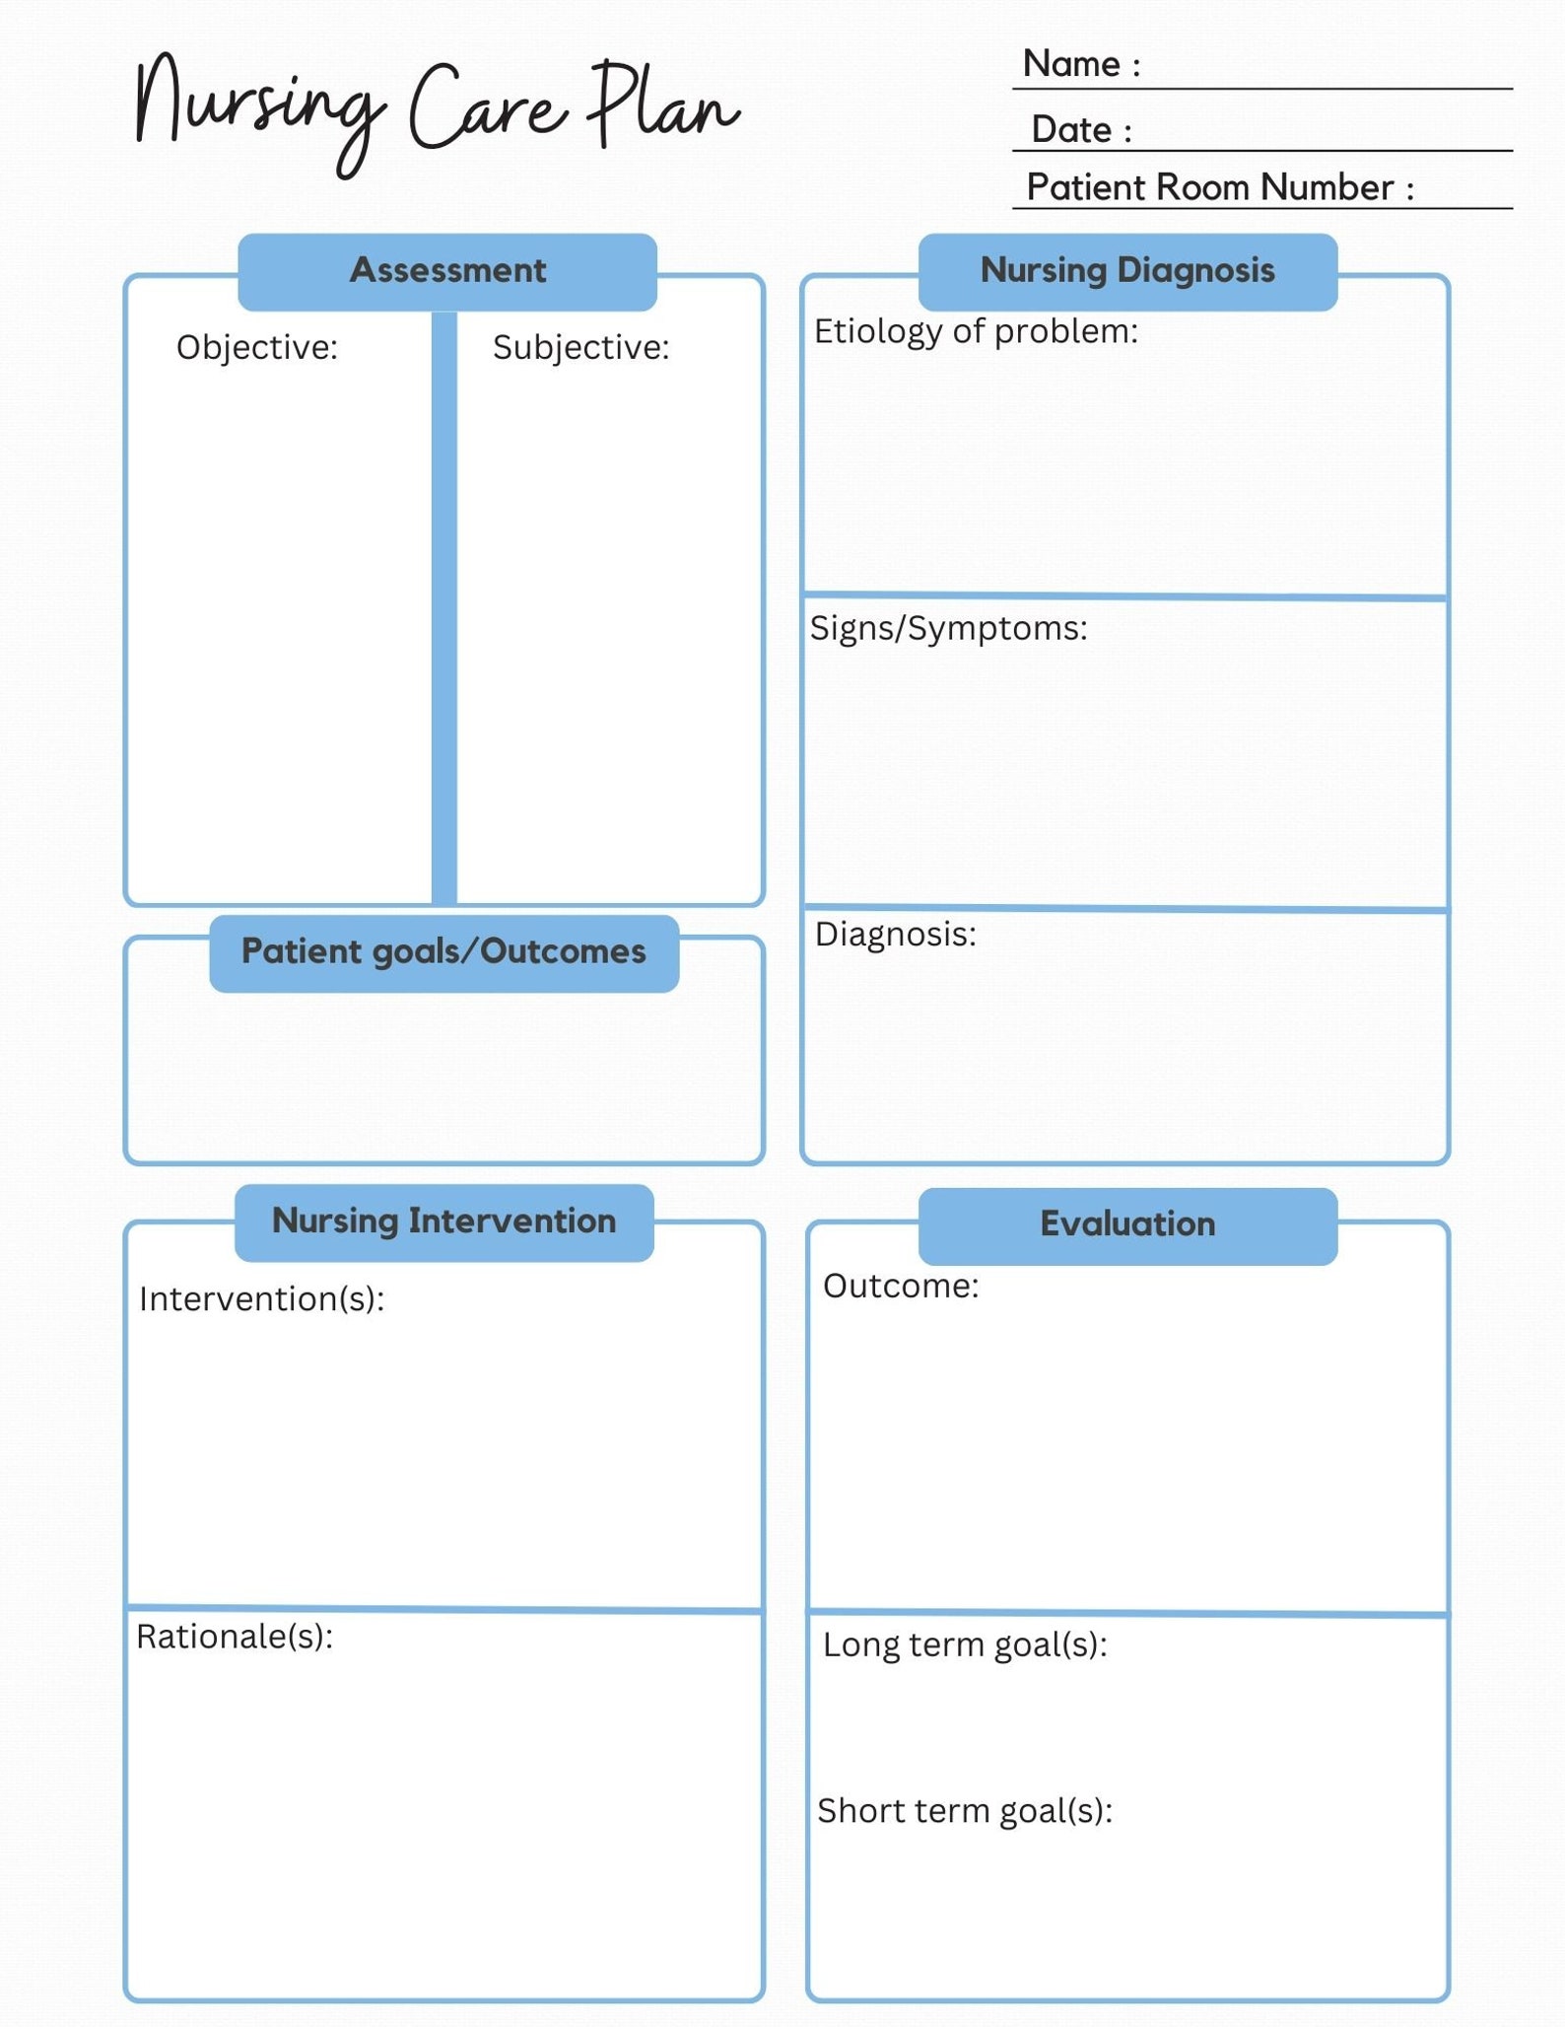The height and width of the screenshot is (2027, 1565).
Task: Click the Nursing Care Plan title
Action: point(437,110)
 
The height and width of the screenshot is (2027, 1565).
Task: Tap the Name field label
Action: point(1081,64)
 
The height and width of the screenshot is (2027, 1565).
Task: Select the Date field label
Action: point(1081,129)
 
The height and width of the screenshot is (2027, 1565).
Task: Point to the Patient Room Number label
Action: point(1219,187)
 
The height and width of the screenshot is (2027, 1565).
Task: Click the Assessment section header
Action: point(447,271)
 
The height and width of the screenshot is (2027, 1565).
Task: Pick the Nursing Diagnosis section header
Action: point(1127,271)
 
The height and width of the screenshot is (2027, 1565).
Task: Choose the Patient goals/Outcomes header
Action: point(443,952)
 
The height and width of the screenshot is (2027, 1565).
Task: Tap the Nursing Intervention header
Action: point(443,1222)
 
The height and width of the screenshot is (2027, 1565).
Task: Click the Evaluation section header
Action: point(1127,1224)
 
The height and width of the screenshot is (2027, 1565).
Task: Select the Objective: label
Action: point(257,348)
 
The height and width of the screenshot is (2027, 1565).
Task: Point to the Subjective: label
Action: point(580,348)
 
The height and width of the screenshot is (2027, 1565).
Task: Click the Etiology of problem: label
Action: point(976,332)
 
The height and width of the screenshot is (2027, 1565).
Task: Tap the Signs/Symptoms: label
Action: point(948,629)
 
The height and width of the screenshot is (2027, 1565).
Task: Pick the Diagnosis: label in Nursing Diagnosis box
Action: point(895,935)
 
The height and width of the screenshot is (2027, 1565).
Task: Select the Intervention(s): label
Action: point(261,1299)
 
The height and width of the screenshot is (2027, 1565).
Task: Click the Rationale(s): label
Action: point(235,1637)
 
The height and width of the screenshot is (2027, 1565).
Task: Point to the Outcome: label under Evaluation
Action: point(901,1287)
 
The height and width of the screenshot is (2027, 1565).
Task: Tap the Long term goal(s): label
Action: point(965,1644)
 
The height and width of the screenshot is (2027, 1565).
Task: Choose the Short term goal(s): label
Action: point(964,1811)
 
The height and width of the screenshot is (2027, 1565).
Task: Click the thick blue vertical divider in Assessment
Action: point(444,606)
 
